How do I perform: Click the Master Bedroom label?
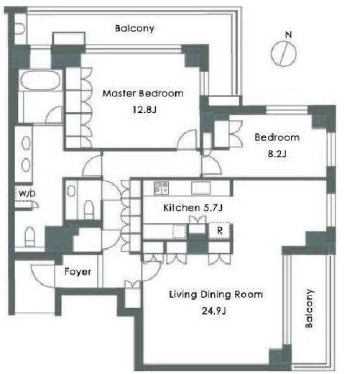click(143, 93)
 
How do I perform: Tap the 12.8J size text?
click(144, 110)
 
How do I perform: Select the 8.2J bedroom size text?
click(277, 154)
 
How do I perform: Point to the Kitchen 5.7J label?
click(193, 208)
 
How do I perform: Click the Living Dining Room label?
click(216, 294)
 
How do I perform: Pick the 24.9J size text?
click(214, 311)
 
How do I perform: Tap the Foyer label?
click(78, 272)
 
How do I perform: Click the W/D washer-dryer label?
click(27, 193)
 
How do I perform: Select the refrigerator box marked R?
click(219, 231)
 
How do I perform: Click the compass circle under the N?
click(283, 53)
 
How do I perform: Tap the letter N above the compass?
click(289, 35)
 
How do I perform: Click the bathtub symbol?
click(40, 80)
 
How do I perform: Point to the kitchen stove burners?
click(162, 188)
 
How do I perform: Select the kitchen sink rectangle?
click(201, 188)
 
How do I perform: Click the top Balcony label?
click(134, 28)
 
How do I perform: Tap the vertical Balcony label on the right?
click(309, 309)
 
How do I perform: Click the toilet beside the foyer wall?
click(29, 237)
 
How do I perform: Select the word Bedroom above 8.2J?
click(277, 137)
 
